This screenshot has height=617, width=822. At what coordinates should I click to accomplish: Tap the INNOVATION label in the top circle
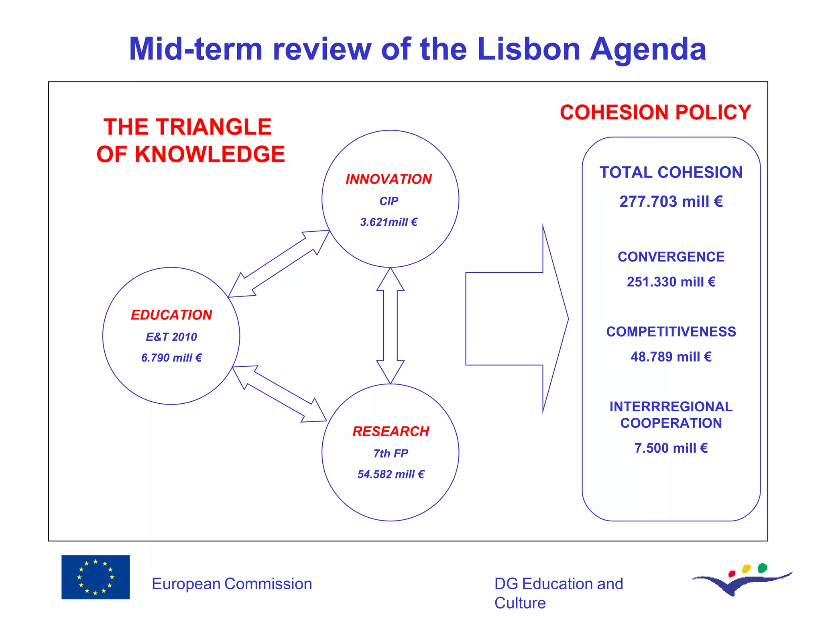pyautogui.click(x=389, y=179)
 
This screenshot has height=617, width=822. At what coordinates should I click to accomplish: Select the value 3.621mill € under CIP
pyautogui.click(x=389, y=222)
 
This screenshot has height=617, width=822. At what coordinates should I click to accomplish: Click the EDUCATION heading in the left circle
pyautogui.click(x=171, y=315)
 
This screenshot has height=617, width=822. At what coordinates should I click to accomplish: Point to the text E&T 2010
pyautogui.click(x=171, y=337)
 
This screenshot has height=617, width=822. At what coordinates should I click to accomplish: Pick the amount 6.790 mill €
pyautogui.click(x=171, y=358)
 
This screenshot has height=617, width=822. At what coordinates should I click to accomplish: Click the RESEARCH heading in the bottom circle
pyautogui.click(x=391, y=431)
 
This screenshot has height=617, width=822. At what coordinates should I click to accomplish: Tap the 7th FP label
pyautogui.click(x=391, y=454)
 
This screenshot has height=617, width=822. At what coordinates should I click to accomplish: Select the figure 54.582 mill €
pyautogui.click(x=391, y=474)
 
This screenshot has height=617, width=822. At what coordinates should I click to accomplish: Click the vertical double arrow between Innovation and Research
pyautogui.click(x=390, y=325)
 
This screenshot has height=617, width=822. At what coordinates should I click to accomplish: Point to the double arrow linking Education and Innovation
pyautogui.click(x=279, y=264)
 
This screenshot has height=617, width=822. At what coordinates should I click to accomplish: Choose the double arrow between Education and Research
pyautogui.click(x=279, y=394)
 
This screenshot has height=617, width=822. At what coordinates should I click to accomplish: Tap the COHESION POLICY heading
pyautogui.click(x=655, y=112)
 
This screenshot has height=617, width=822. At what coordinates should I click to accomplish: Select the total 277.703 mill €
pyautogui.click(x=671, y=202)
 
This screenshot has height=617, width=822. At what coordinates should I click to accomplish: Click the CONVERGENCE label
pyautogui.click(x=671, y=257)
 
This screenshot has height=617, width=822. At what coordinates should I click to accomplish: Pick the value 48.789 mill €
pyautogui.click(x=671, y=357)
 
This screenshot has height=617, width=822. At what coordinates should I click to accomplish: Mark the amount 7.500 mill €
pyautogui.click(x=671, y=448)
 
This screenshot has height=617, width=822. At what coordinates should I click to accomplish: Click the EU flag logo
pyautogui.click(x=96, y=577)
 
